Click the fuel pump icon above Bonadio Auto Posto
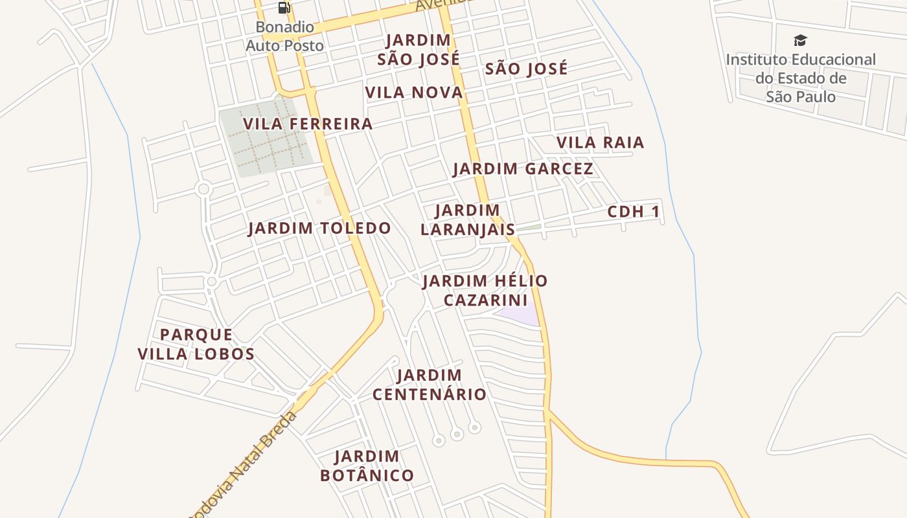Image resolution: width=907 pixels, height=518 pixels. click(x=284, y=8)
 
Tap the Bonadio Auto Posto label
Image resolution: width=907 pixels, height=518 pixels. click(x=284, y=36)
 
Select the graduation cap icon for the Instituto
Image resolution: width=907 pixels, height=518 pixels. click(x=801, y=41)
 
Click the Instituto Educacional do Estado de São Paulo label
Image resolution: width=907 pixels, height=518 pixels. click(x=801, y=78)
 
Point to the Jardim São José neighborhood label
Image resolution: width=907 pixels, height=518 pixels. click(x=419, y=49)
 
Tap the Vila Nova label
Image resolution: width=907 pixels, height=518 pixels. click(x=414, y=93)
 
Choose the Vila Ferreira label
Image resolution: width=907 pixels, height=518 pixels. click(x=308, y=124)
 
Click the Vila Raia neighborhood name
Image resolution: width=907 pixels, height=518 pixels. click(x=600, y=142)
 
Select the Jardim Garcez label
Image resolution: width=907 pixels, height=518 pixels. click(x=523, y=169)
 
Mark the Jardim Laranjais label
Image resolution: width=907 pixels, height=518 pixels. click(x=468, y=220)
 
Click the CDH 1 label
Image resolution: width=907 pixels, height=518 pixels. click(x=634, y=212)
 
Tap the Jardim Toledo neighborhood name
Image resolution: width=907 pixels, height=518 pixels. click(x=319, y=228)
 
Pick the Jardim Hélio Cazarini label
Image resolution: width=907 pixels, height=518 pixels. click(x=485, y=290)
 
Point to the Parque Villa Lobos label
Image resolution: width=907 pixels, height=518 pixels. click(x=196, y=344)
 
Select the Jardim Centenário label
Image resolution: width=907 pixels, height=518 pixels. click(x=430, y=384)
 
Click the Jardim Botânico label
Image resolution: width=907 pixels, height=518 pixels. click(x=367, y=466)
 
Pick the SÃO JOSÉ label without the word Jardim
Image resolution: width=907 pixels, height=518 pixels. click(x=526, y=69)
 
